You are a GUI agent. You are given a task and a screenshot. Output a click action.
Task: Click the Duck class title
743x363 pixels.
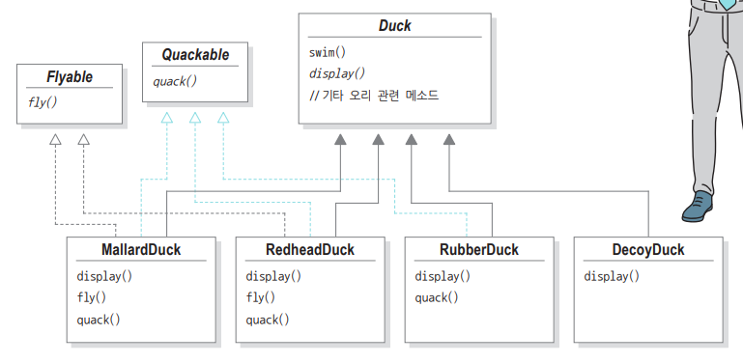[395, 25]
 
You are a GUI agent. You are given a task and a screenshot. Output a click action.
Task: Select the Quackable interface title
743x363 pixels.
[195, 55]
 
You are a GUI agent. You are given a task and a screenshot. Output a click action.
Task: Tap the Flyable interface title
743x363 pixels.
[70, 76]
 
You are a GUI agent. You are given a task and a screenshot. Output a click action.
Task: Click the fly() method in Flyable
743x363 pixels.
[43, 102]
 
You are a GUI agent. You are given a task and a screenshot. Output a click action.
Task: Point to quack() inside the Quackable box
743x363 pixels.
[174, 81]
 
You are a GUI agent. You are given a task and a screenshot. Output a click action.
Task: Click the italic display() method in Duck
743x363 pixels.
[337, 73]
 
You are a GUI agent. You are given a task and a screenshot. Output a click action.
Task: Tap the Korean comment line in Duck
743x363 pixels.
[374, 96]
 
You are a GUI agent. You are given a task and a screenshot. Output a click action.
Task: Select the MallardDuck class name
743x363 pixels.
[141, 249]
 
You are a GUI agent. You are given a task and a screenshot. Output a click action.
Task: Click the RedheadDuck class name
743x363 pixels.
[310, 249]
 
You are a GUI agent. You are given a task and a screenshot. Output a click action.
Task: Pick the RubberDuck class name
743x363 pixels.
[479, 249]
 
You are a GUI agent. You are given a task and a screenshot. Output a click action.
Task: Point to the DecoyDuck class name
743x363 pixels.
[648, 249]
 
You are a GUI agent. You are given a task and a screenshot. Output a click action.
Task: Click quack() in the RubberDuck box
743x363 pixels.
[437, 298]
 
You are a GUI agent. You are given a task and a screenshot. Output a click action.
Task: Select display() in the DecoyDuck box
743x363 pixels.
[612, 276]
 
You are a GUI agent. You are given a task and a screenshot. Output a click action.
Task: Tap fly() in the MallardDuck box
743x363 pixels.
[92, 298]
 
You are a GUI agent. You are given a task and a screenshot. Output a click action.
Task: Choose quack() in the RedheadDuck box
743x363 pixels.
[268, 320]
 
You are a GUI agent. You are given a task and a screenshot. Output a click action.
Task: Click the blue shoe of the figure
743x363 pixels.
[698, 206]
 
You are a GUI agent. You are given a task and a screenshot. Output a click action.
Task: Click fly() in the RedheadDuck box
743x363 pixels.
[261, 298]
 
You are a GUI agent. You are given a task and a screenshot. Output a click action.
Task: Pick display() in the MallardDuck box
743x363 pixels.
[104, 276]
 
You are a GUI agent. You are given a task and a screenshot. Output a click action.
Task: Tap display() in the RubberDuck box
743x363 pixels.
[443, 276]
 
